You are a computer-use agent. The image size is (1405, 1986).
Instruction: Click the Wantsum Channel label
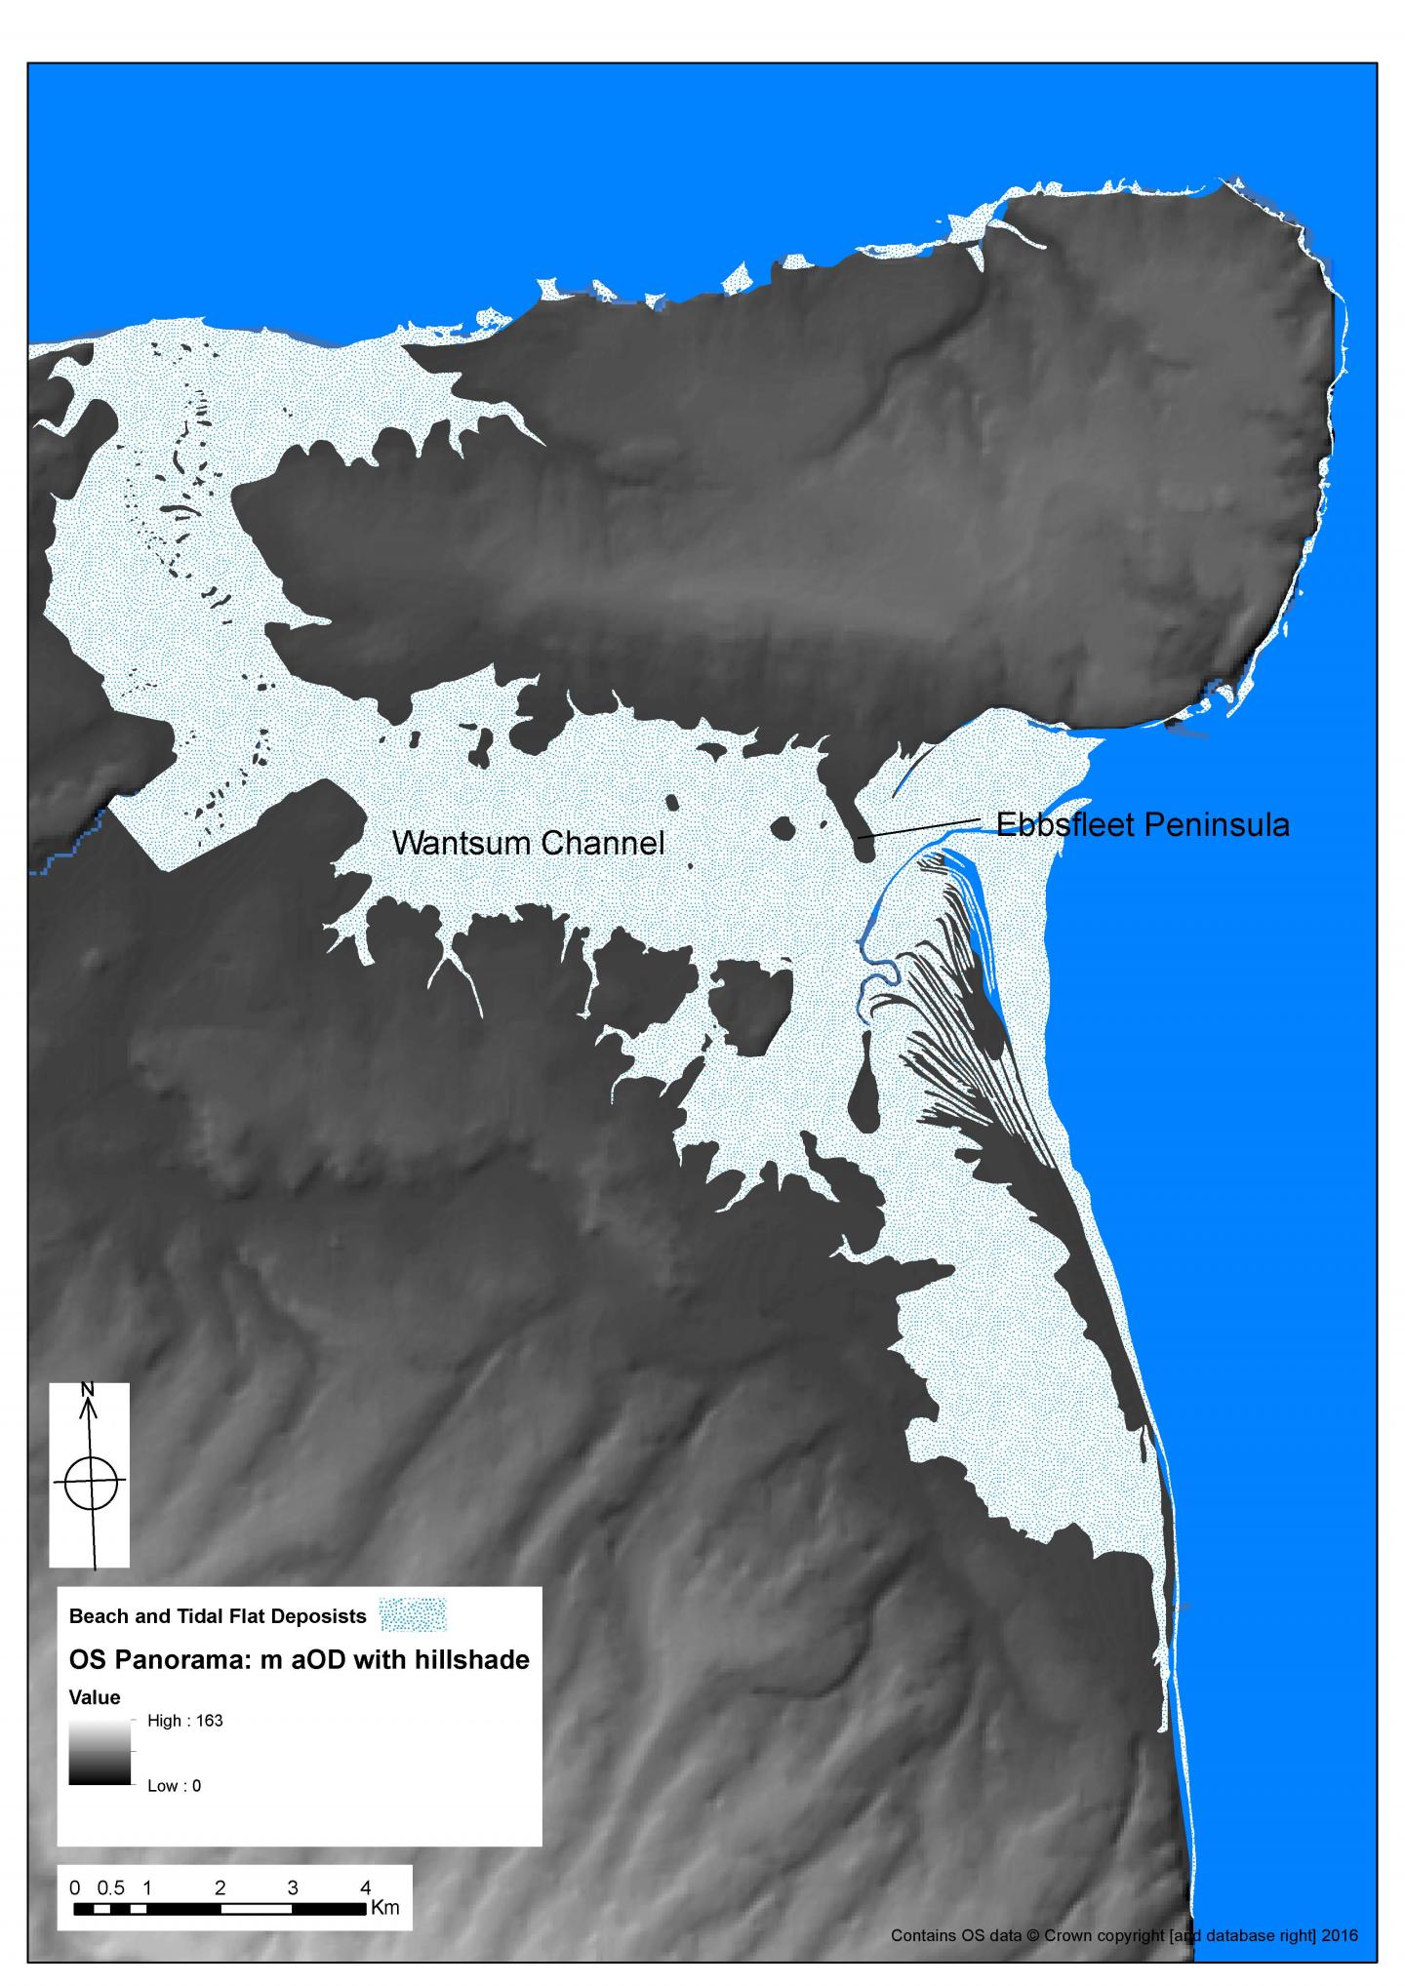click(528, 843)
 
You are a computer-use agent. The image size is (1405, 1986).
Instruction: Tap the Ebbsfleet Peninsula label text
click(1143, 825)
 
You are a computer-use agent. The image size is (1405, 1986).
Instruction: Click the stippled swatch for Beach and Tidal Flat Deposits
click(415, 1614)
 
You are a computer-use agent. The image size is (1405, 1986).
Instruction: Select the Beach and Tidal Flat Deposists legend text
click(218, 1615)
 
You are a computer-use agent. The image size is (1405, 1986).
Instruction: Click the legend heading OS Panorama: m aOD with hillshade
click(299, 1659)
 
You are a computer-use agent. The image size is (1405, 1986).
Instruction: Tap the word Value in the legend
click(95, 1697)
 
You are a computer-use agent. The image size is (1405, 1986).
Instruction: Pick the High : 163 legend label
click(185, 1721)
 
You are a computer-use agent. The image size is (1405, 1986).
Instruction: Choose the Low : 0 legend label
click(175, 1786)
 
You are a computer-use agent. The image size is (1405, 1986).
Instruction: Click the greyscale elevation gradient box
click(99, 1753)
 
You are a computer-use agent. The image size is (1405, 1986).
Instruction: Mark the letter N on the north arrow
click(88, 1388)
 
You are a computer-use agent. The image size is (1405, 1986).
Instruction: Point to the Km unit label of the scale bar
click(385, 1908)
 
